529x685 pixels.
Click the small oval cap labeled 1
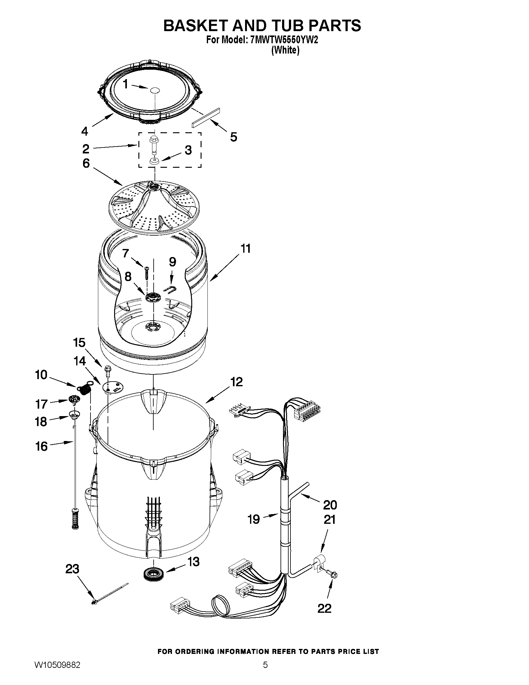155,90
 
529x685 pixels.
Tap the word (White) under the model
285,50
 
